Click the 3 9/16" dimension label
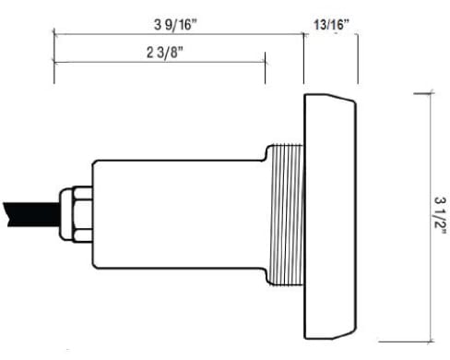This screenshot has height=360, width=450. (x=175, y=25)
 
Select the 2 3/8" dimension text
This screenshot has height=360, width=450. (x=165, y=53)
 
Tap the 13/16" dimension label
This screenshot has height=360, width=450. (x=331, y=25)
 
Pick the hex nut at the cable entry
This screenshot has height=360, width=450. (x=82, y=214)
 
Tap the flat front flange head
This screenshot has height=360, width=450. (x=330, y=216)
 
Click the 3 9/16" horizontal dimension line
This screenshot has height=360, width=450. (x=179, y=34)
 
